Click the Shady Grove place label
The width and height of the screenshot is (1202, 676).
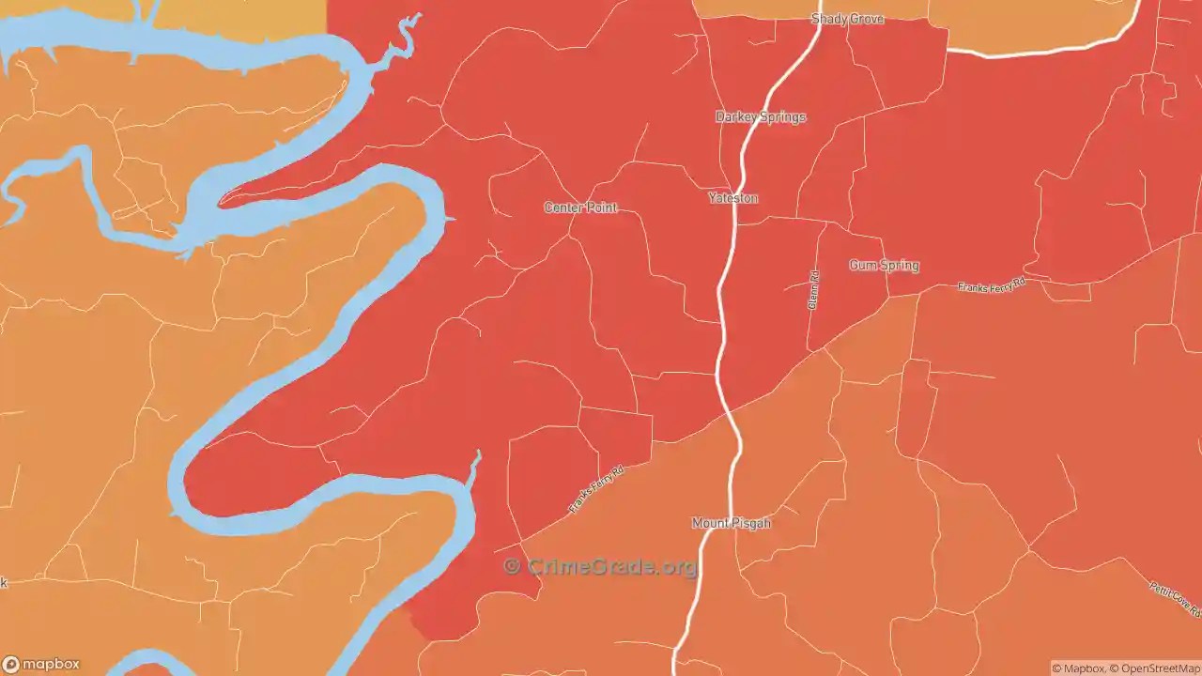pyautogui.click(x=847, y=19)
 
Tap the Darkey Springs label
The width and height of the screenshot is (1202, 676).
pyautogui.click(x=761, y=117)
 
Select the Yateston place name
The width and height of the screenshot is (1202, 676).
pyautogui.click(x=732, y=198)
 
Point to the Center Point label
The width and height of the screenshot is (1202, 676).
pyautogui.click(x=580, y=207)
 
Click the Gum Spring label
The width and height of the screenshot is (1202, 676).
pyautogui.click(x=884, y=266)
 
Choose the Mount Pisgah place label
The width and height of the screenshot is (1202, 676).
pyautogui.click(x=731, y=523)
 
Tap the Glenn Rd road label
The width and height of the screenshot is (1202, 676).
pyautogui.click(x=814, y=290)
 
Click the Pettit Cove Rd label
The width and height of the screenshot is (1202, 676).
pyautogui.click(x=1175, y=599)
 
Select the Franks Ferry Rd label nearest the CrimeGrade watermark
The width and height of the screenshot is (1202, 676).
pyautogui.click(x=596, y=490)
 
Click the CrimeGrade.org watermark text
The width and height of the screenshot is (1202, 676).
pyautogui.click(x=611, y=567)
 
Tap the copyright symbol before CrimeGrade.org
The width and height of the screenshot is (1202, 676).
pyautogui.click(x=512, y=566)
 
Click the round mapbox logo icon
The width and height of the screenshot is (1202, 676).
pyautogui.click(x=10, y=665)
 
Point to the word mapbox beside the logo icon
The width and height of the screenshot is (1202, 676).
pyautogui.click(x=51, y=665)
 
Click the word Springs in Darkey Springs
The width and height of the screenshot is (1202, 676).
pyautogui.click(x=783, y=117)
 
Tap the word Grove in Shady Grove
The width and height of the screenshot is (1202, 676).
pyautogui.click(x=867, y=19)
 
